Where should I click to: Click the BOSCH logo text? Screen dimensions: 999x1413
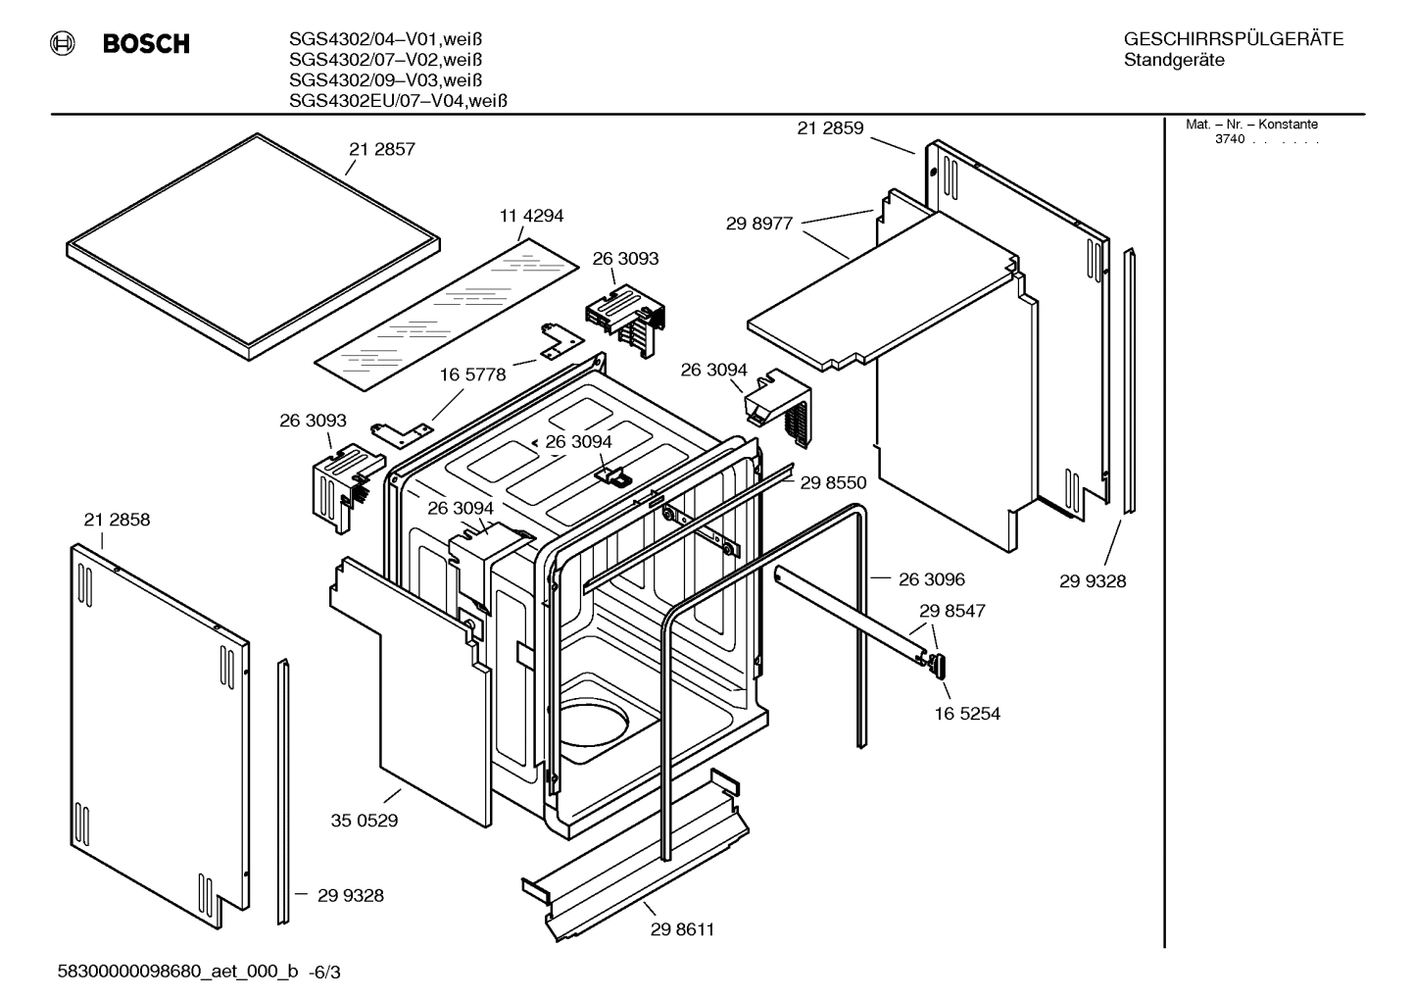click(145, 44)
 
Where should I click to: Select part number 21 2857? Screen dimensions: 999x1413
click(382, 150)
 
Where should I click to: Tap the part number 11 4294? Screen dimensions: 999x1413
click(531, 216)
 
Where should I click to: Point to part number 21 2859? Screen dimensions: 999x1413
click(830, 127)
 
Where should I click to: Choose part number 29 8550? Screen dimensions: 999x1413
click(833, 482)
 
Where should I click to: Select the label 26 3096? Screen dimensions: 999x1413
click(931, 579)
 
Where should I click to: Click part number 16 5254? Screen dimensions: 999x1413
click(967, 714)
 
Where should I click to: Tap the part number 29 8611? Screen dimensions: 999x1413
click(682, 929)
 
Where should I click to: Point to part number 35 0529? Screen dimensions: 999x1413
click(365, 820)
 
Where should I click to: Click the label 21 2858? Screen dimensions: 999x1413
click(117, 520)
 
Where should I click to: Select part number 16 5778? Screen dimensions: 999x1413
click(472, 375)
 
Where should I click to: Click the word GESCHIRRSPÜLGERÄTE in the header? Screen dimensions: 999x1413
click(1233, 40)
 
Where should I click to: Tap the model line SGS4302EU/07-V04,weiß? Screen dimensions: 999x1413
click(398, 100)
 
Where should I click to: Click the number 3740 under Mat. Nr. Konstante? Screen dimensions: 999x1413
click(1229, 139)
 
